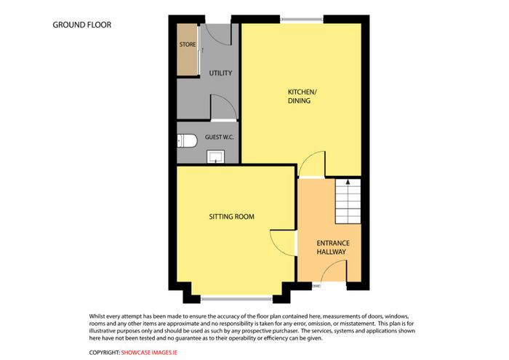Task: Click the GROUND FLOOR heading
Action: (81, 25)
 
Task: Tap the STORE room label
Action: (188, 44)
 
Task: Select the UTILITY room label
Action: (220, 73)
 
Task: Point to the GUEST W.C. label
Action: (219, 137)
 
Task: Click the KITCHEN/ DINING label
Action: (302, 97)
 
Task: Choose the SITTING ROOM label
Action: (231, 217)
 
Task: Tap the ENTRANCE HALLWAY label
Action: (333, 247)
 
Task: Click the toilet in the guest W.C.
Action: (187, 141)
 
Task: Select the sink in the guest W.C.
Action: (215, 157)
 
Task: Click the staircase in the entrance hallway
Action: (348, 201)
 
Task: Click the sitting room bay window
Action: (236, 298)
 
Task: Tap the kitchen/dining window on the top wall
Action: (302, 20)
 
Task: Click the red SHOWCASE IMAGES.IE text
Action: (149, 353)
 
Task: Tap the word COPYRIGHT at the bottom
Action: (105, 353)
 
